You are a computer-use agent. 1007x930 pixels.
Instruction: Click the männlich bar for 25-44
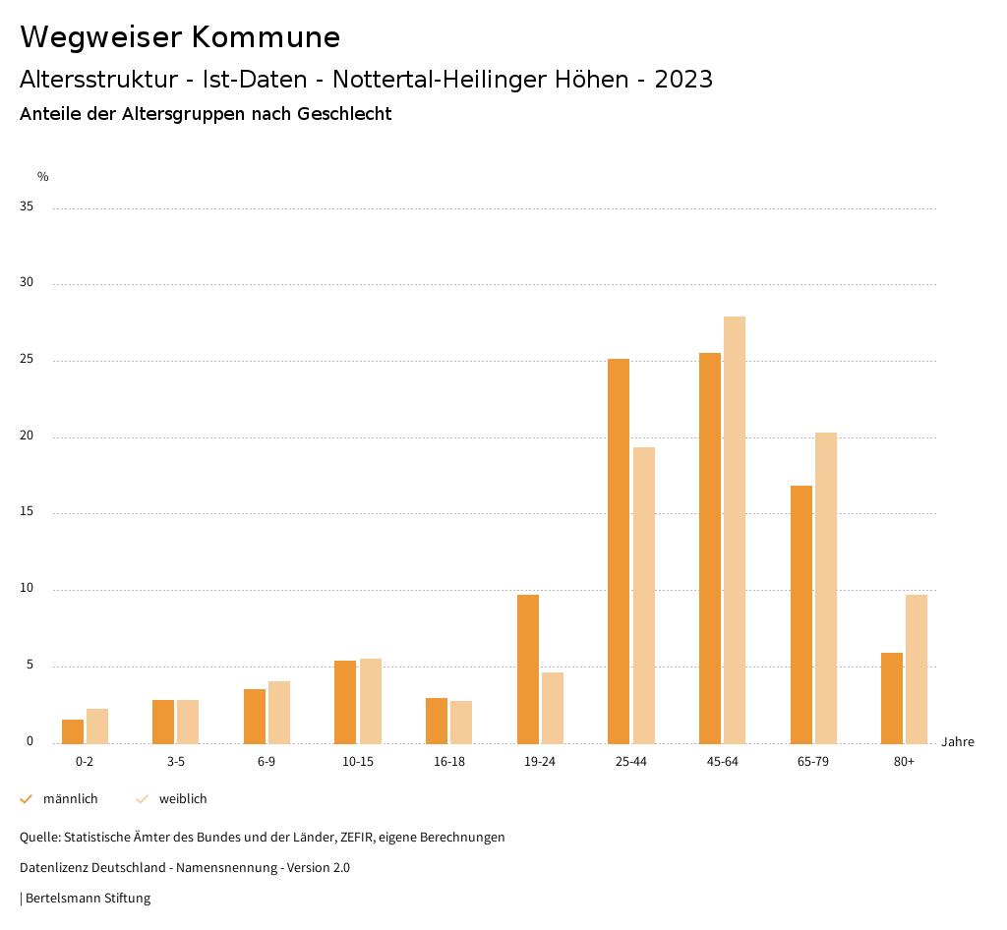coord(619,551)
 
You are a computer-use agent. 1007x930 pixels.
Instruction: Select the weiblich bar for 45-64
coord(735,530)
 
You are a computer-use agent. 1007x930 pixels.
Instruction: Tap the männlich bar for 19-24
coord(528,668)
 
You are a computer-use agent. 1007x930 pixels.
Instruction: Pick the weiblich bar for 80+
coord(917,668)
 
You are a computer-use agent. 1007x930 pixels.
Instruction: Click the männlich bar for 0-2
coord(73,731)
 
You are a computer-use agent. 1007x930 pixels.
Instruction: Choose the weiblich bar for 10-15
coord(371,701)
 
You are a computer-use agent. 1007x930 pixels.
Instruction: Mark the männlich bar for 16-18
coord(437,721)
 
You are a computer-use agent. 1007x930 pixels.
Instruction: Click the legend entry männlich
coord(70,799)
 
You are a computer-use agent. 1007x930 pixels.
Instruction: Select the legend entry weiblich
coord(183,799)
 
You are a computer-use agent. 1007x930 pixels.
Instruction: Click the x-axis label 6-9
coord(267,762)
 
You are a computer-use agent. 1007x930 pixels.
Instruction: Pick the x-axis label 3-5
coord(176,762)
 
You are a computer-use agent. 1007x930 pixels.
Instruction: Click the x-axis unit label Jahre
coord(957,742)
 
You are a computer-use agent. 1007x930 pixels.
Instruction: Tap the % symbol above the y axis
coord(43,177)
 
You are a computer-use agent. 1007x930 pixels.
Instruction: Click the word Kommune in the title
coord(266,37)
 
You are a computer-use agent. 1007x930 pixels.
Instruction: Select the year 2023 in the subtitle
coord(683,80)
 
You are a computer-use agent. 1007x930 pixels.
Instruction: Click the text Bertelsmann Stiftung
coord(88,898)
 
